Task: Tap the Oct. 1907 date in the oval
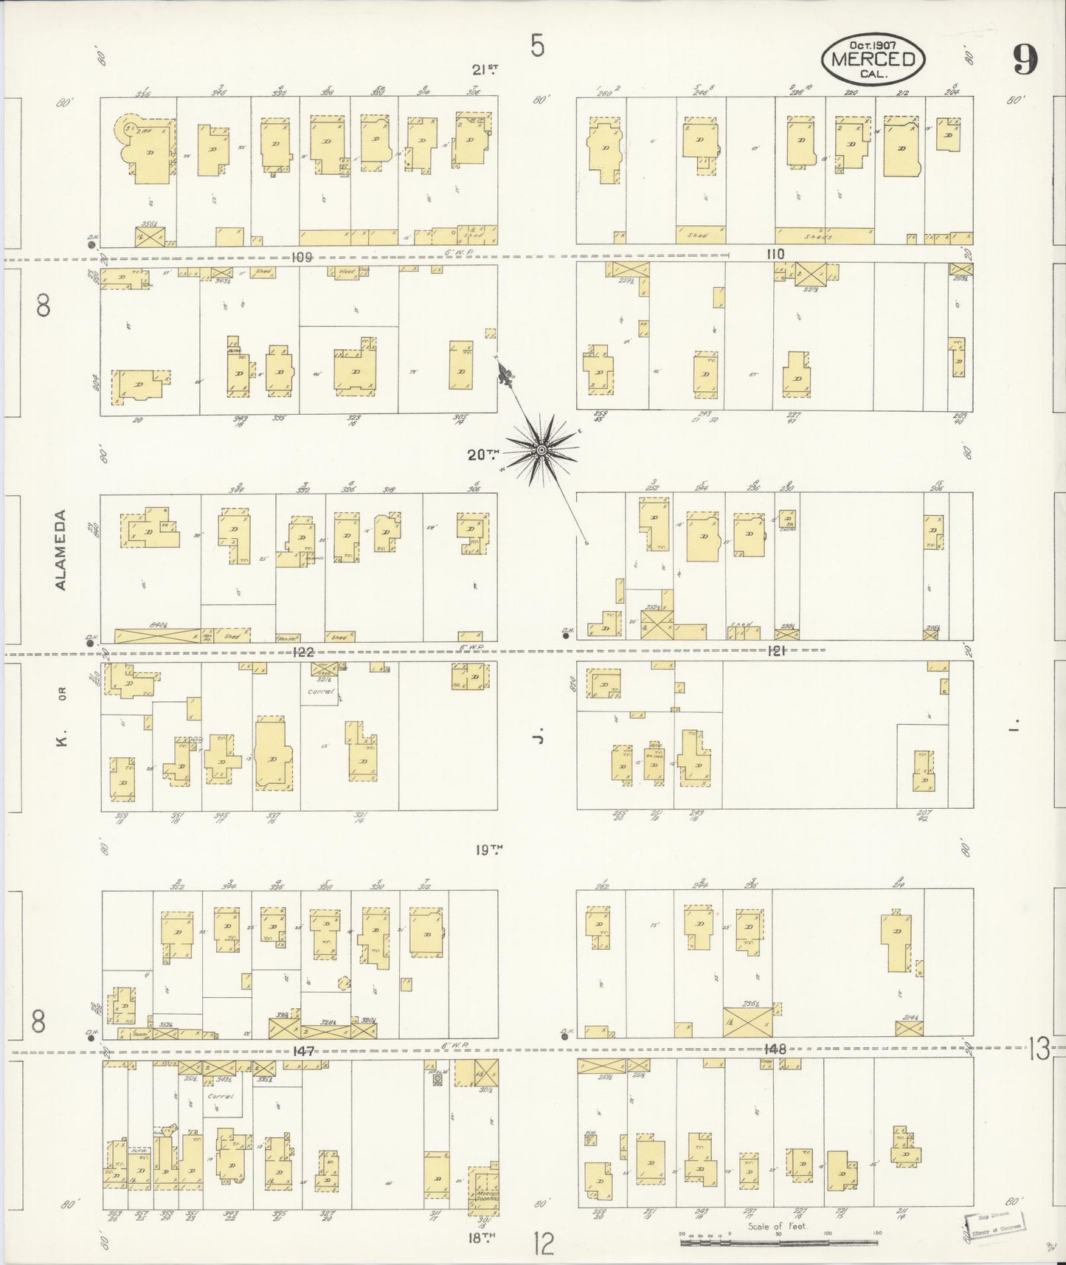pos(873,45)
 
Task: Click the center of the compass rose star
pos(542,449)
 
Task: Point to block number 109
pos(302,257)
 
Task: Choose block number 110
pos(775,254)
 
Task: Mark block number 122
pos(303,652)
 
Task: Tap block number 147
pos(303,1050)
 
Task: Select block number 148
pos(776,1048)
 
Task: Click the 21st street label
pos(485,70)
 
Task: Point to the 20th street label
pos(483,455)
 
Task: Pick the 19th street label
pos(487,849)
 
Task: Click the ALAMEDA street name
pos(60,549)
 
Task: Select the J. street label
pos(539,737)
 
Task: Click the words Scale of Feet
pos(776,1227)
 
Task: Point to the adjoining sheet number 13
pos(1039,1049)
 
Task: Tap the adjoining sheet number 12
pos(544,1244)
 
